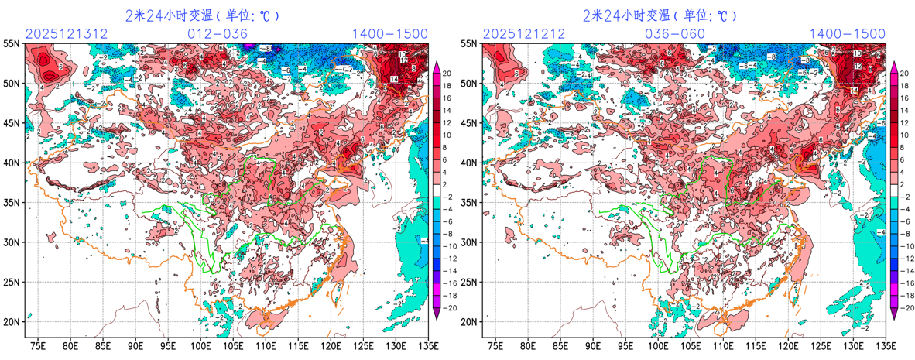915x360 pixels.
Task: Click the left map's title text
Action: click(202, 15)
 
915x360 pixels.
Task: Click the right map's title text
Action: click(660, 15)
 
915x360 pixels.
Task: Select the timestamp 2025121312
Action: click(67, 33)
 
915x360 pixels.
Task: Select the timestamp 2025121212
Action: click(524, 33)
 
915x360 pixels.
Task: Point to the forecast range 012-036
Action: click(218, 33)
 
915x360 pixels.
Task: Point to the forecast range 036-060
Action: click(675, 33)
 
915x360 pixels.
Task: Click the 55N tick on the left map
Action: click(12, 44)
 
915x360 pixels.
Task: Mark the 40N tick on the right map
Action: click(470, 163)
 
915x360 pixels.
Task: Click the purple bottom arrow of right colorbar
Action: click(893, 311)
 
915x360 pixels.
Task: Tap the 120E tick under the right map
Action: click(788, 345)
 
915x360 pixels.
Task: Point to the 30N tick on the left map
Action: click(12, 242)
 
